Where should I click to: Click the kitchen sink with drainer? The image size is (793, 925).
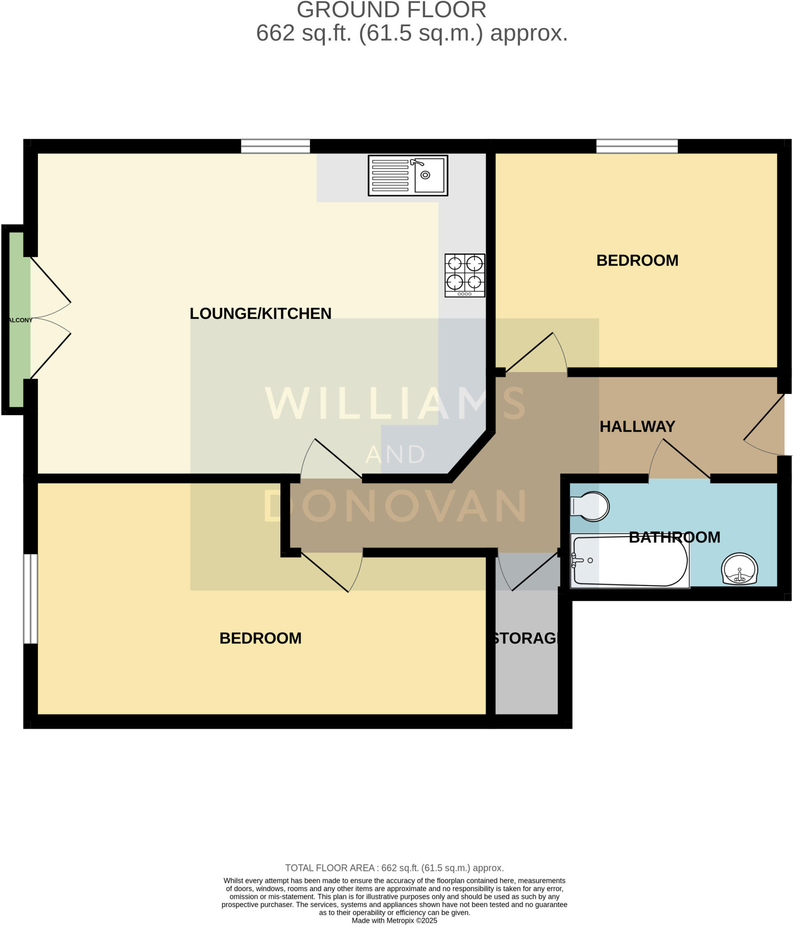tap(408, 175)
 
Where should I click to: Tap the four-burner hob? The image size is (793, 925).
tap(465, 275)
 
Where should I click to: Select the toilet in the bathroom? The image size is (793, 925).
tap(590, 506)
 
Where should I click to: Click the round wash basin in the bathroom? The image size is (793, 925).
tap(739, 569)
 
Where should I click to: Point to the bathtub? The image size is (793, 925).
tap(630, 561)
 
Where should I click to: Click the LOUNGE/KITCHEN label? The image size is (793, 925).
tap(261, 313)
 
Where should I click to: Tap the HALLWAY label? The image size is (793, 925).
tap(637, 426)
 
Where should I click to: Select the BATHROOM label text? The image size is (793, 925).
tap(674, 537)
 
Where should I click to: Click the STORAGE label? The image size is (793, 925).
tap(526, 638)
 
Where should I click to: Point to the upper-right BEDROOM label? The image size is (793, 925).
tap(637, 261)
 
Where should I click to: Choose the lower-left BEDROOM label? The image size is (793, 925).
tap(261, 638)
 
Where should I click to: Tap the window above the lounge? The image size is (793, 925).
tap(275, 146)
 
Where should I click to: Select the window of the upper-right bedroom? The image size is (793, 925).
tap(637, 146)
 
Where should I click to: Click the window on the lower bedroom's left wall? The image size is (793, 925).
tap(31, 598)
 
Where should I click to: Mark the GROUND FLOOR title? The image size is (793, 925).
tap(391, 10)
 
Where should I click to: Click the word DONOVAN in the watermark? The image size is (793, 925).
tap(395, 506)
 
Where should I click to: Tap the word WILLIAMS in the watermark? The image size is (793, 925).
tap(395, 403)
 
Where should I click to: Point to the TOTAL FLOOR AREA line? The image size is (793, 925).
tap(394, 868)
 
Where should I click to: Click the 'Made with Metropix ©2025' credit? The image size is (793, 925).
tap(394, 920)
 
